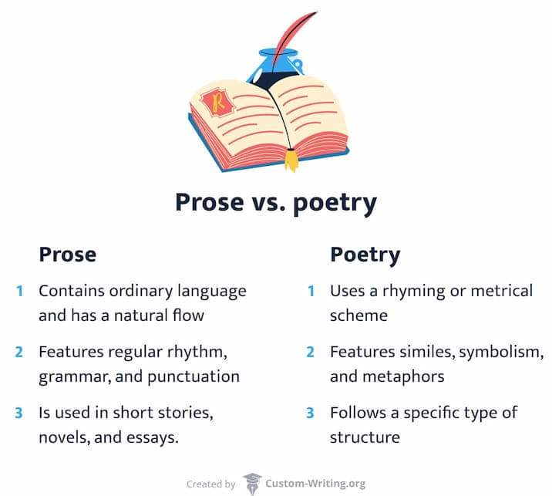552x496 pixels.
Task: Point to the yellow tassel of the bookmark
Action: pyautogui.click(x=291, y=160)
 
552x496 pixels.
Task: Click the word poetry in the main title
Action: pyautogui.click(x=333, y=203)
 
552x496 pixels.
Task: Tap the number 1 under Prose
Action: pyautogui.click(x=19, y=292)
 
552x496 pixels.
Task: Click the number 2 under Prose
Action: pyautogui.click(x=19, y=353)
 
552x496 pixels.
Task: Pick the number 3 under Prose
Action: pyautogui.click(x=19, y=413)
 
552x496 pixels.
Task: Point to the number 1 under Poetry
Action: pyautogui.click(x=311, y=292)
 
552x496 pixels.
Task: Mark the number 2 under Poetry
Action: pyautogui.click(x=311, y=353)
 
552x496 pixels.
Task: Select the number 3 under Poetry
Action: pyautogui.click(x=311, y=413)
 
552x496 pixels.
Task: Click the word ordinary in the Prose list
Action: pyautogui.click(x=133, y=292)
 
